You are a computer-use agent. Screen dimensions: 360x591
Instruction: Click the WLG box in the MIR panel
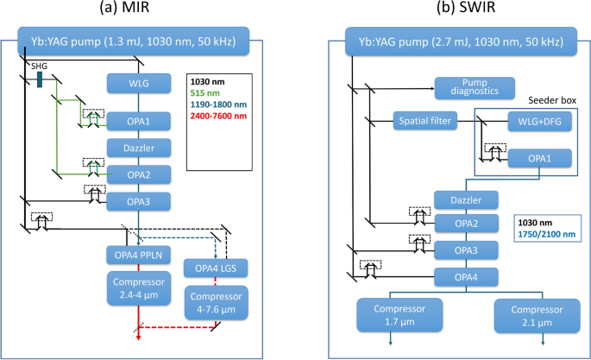pos(140,83)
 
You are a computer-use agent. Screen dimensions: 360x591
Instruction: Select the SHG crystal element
pos(40,79)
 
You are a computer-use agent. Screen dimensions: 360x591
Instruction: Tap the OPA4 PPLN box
pos(140,253)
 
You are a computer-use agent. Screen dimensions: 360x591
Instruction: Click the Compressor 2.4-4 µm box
pos(140,289)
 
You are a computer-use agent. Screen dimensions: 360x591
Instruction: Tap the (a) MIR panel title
pos(138,10)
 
